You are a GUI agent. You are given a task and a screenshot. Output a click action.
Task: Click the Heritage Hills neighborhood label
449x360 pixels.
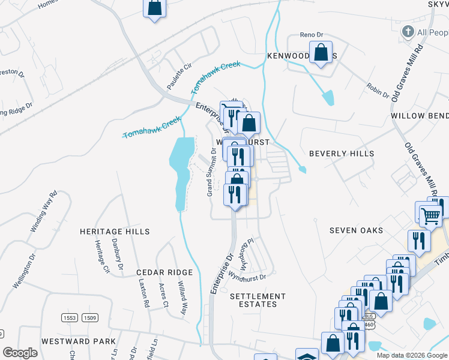[115, 231]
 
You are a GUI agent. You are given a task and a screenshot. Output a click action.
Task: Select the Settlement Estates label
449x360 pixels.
[258, 300]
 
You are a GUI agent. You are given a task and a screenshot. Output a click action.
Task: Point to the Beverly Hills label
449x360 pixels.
[342, 154]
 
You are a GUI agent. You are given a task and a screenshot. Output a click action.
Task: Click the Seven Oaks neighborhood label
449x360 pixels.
[357, 230]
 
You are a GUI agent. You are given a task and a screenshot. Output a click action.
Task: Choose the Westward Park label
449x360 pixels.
[79, 341]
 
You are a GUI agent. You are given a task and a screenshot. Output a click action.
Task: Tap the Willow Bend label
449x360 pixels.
[420, 115]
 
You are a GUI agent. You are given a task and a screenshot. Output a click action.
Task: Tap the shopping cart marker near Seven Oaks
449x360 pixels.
[430, 214]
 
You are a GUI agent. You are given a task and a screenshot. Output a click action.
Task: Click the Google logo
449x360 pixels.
[20, 353]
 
